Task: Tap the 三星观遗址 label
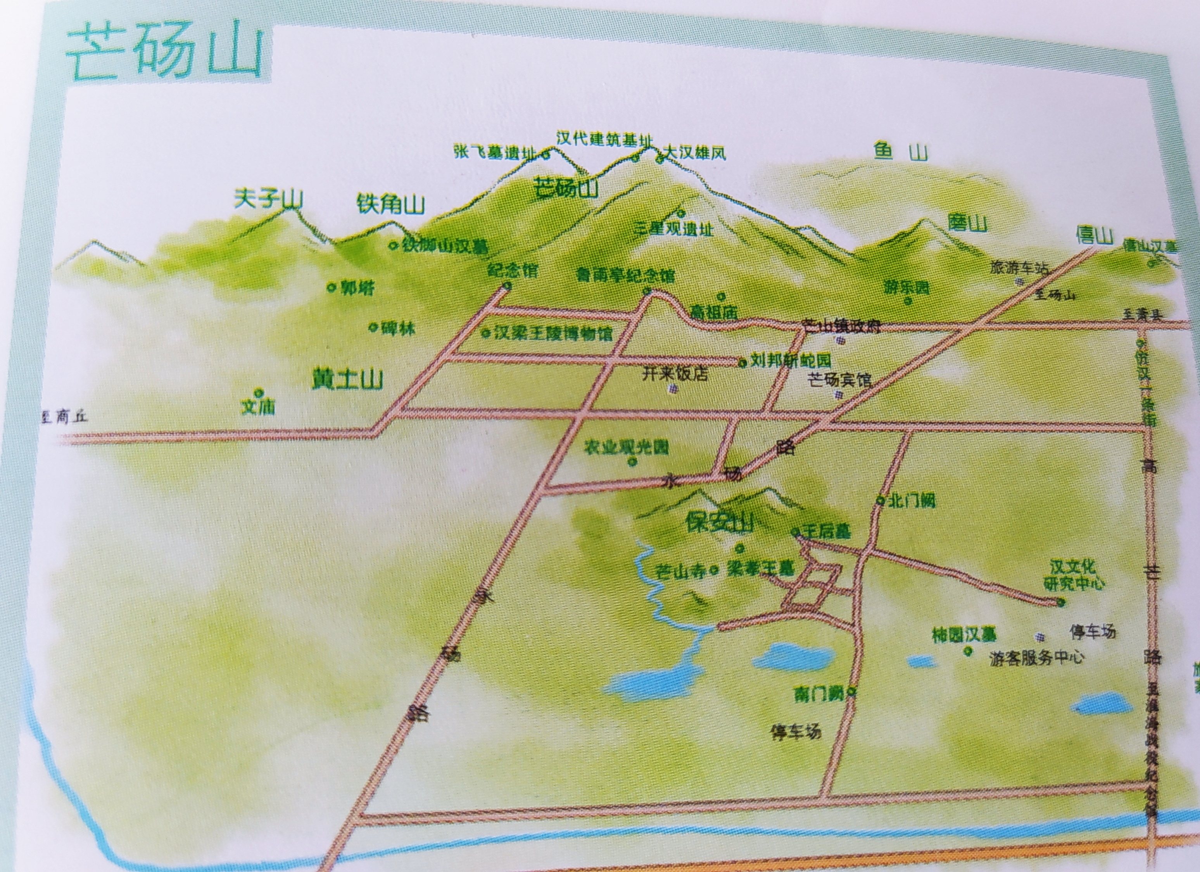click(x=674, y=229)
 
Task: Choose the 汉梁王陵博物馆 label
click(x=553, y=333)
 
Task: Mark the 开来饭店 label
click(x=675, y=375)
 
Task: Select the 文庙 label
click(x=258, y=406)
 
